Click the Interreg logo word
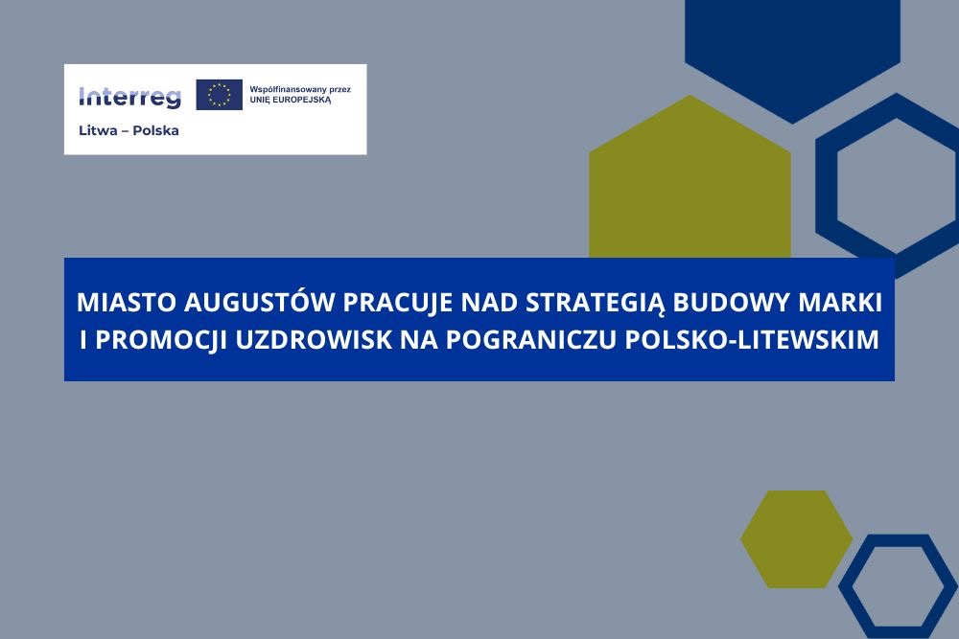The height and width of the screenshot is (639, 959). pos(129,97)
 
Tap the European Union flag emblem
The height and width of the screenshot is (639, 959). pos(219,95)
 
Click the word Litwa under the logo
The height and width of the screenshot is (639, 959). pos(98,130)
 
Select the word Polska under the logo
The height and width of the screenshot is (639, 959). pos(155,130)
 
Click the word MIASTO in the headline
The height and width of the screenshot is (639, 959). pos(126,303)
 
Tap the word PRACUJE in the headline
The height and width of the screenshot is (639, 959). pos(397,303)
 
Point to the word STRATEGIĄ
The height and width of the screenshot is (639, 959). pos(596,303)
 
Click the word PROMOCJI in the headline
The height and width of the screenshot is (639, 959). pos(161,340)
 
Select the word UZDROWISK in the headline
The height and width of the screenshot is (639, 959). pos(314,340)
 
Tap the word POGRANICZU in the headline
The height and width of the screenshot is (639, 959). pos(531,340)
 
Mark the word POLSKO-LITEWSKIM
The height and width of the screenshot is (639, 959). pos(752,340)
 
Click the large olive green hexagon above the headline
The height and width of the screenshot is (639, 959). pos(690,183)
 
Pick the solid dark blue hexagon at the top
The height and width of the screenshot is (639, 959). pos(793,55)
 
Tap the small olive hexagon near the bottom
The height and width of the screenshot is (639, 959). pos(796,539)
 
